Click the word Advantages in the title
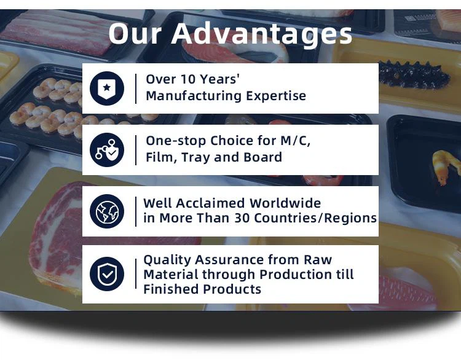pyautogui.click(x=261, y=34)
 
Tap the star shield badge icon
pyautogui.click(x=107, y=88)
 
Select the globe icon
pyautogui.click(x=107, y=211)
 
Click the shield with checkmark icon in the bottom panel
pyautogui.click(x=107, y=274)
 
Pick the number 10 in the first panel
pyautogui.click(x=187, y=79)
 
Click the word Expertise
pyautogui.click(x=276, y=96)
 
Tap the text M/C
pyautogui.click(x=296, y=141)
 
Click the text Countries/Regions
pyautogui.click(x=315, y=218)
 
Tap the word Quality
pyautogui.click(x=167, y=260)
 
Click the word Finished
pyautogui.click(x=171, y=289)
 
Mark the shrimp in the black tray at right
pyautogui.click(x=445, y=166)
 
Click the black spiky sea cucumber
pyautogui.click(x=414, y=75)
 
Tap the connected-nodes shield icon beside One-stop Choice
pyautogui.click(x=107, y=150)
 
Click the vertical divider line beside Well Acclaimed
pyautogui.click(x=136, y=211)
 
